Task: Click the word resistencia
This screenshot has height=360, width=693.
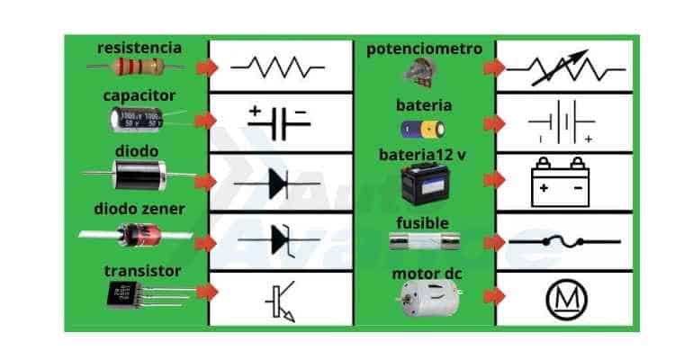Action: pos(139,47)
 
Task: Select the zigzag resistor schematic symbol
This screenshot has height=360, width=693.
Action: pos(278,67)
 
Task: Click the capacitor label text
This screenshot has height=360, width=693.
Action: pos(139,95)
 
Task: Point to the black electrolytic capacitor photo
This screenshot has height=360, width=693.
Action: pos(139,119)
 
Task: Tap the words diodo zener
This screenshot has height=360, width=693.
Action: pos(139,210)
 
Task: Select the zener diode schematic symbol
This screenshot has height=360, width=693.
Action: pos(279,240)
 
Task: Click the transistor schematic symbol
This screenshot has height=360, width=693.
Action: pos(279,301)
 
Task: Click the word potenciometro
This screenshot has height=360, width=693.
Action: pos(424,49)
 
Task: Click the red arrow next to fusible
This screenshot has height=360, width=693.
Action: pos(493,241)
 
